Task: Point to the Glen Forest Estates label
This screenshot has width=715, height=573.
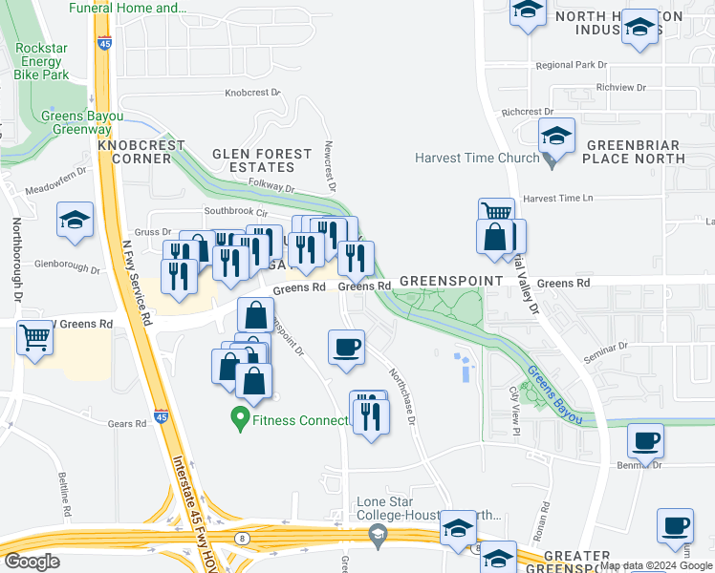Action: pos(262,160)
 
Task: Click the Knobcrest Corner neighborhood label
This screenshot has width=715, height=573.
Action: pos(147,152)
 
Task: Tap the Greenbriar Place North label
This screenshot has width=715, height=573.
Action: pos(632,152)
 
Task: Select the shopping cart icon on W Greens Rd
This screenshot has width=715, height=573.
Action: pos(35,335)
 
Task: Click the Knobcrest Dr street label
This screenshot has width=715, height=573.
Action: pos(252,94)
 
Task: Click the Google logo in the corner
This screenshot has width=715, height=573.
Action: pos(32,562)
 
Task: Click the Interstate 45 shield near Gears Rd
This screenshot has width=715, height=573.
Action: pos(161,416)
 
